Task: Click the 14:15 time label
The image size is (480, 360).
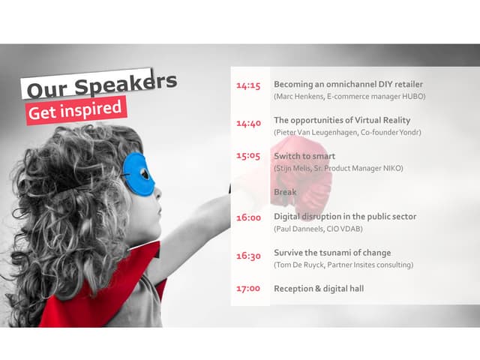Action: click(248, 86)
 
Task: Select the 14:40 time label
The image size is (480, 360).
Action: click(248, 123)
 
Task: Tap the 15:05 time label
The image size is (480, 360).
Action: click(248, 156)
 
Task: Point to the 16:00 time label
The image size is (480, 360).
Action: click(248, 218)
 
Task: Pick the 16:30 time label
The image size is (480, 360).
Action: click(248, 256)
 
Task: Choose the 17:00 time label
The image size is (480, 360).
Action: click(248, 289)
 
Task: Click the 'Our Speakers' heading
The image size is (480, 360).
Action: click(101, 85)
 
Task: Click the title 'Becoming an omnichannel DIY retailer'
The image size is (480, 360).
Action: click(348, 84)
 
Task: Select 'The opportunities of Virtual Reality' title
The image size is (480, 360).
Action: click(342, 120)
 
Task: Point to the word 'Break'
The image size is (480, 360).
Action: click(285, 192)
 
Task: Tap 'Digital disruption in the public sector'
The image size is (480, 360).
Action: click(345, 217)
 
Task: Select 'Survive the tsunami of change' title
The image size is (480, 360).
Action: click(332, 253)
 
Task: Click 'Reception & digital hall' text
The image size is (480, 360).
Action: click(319, 289)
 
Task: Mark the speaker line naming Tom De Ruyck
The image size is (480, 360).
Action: click(343, 265)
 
